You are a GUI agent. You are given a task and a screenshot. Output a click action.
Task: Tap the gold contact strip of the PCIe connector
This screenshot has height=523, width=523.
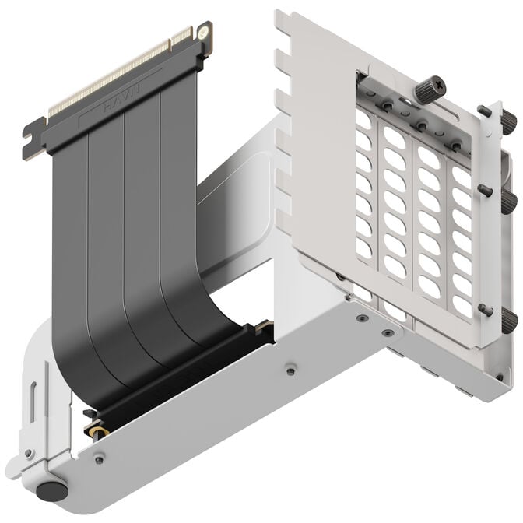click(x=117, y=74)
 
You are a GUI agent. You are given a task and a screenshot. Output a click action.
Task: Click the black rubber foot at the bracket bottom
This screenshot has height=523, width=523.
click(x=52, y=491)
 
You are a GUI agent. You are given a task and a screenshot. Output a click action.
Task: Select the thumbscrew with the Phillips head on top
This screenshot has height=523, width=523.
click(x=427, y=92)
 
